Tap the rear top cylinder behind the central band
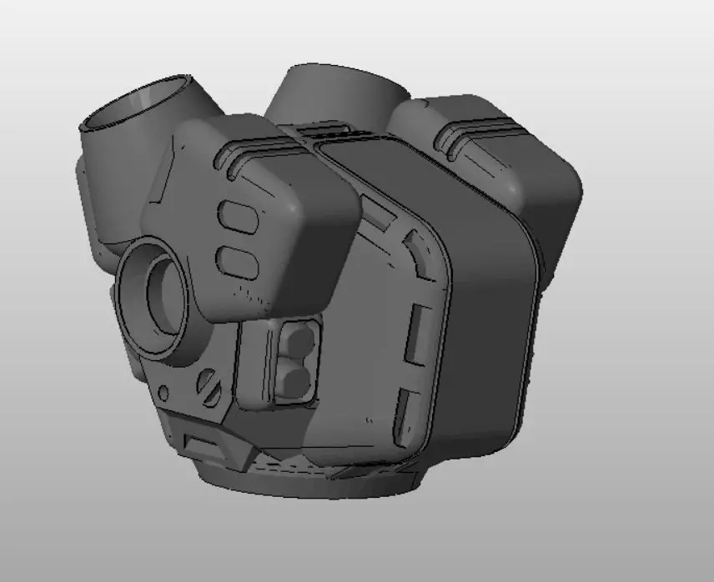click(x=334, y=92)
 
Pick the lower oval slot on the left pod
click(x=237, y=260)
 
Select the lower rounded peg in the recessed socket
click(x=296, y=381)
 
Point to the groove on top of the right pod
click(x=480, y=128)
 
